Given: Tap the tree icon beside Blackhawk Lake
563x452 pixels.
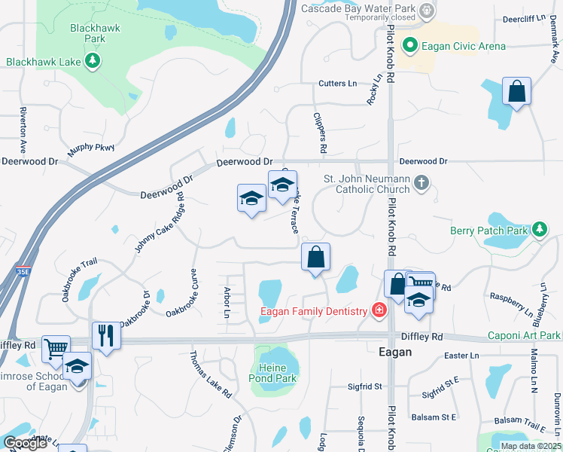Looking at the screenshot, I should point(93,61).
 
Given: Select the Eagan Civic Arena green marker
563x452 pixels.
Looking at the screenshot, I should point(410,46).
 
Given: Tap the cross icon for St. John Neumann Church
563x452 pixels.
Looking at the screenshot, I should point(421,182).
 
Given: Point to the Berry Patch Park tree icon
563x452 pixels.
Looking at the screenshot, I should point(539,229).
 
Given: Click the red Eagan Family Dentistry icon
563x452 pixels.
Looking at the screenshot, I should point(379,310).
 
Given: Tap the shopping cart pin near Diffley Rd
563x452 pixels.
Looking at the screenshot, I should point(56,349).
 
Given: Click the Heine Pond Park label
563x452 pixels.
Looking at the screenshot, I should point(273,373).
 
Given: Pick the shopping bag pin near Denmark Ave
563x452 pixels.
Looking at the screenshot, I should point(517,92).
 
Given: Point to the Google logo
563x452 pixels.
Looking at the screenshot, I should point(25,443).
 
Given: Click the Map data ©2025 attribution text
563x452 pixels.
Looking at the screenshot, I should point(530,445).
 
